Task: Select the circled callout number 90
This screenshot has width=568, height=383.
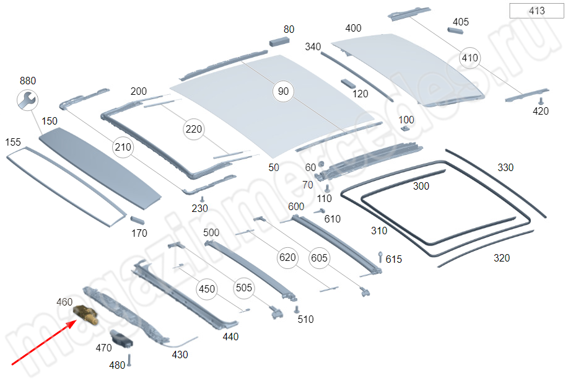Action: click(x=283, y=91)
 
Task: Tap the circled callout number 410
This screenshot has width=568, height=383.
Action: click(x=470, y=58)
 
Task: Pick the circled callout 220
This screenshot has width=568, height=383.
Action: click(x=193, y=130)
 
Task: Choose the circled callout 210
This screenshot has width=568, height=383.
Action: click(x=123, y=147)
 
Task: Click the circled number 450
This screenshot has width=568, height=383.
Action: click(x=206, y=289)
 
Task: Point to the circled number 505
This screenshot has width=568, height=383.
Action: click(x=244, y=288)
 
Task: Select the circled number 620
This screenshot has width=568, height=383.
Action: click(x=287, y=257)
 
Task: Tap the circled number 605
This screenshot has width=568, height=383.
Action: click(x=319, y=257)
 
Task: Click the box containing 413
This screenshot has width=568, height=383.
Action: click(x=536, y=11)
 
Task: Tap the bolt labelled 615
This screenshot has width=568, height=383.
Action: click(x=379, y=257)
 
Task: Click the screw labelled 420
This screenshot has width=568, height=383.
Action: click(x=541, y=101)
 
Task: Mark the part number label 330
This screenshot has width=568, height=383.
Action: click(x=505, y=167)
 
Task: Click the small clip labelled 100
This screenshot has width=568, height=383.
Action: click(x=405, y=129)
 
